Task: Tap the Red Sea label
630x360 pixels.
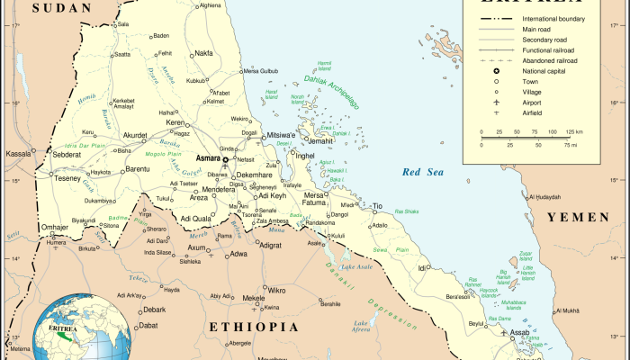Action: coord(423,172)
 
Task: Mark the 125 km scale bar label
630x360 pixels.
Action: coord(573,132)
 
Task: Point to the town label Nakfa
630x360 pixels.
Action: coord(203,53)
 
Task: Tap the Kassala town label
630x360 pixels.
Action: coord(18,154)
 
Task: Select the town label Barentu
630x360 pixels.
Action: coord(137,168)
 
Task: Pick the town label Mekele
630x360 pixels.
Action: coord(254,297)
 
